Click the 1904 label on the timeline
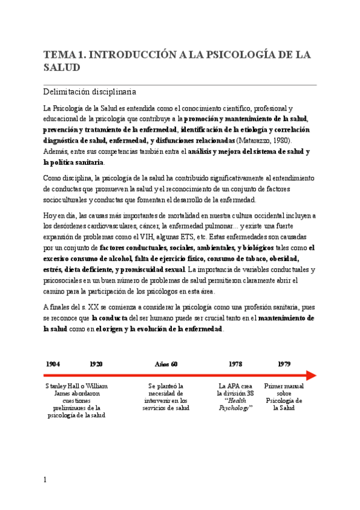point(53,364)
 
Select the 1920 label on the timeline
point(96,364)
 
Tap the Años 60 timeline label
point(166,364)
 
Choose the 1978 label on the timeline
point(236,364)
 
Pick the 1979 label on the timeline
point(284,364)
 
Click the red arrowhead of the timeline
point(311,375)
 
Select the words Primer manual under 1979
point(284,386)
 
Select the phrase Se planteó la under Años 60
point(166,386)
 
